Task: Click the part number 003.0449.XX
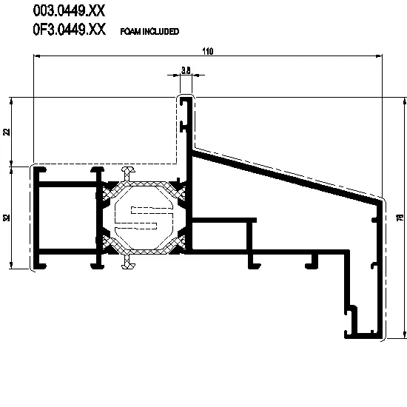69,11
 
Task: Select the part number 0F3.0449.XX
70,29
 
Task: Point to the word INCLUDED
161,31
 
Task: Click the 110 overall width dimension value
208,51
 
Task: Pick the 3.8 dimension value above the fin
186,70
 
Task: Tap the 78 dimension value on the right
400,218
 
